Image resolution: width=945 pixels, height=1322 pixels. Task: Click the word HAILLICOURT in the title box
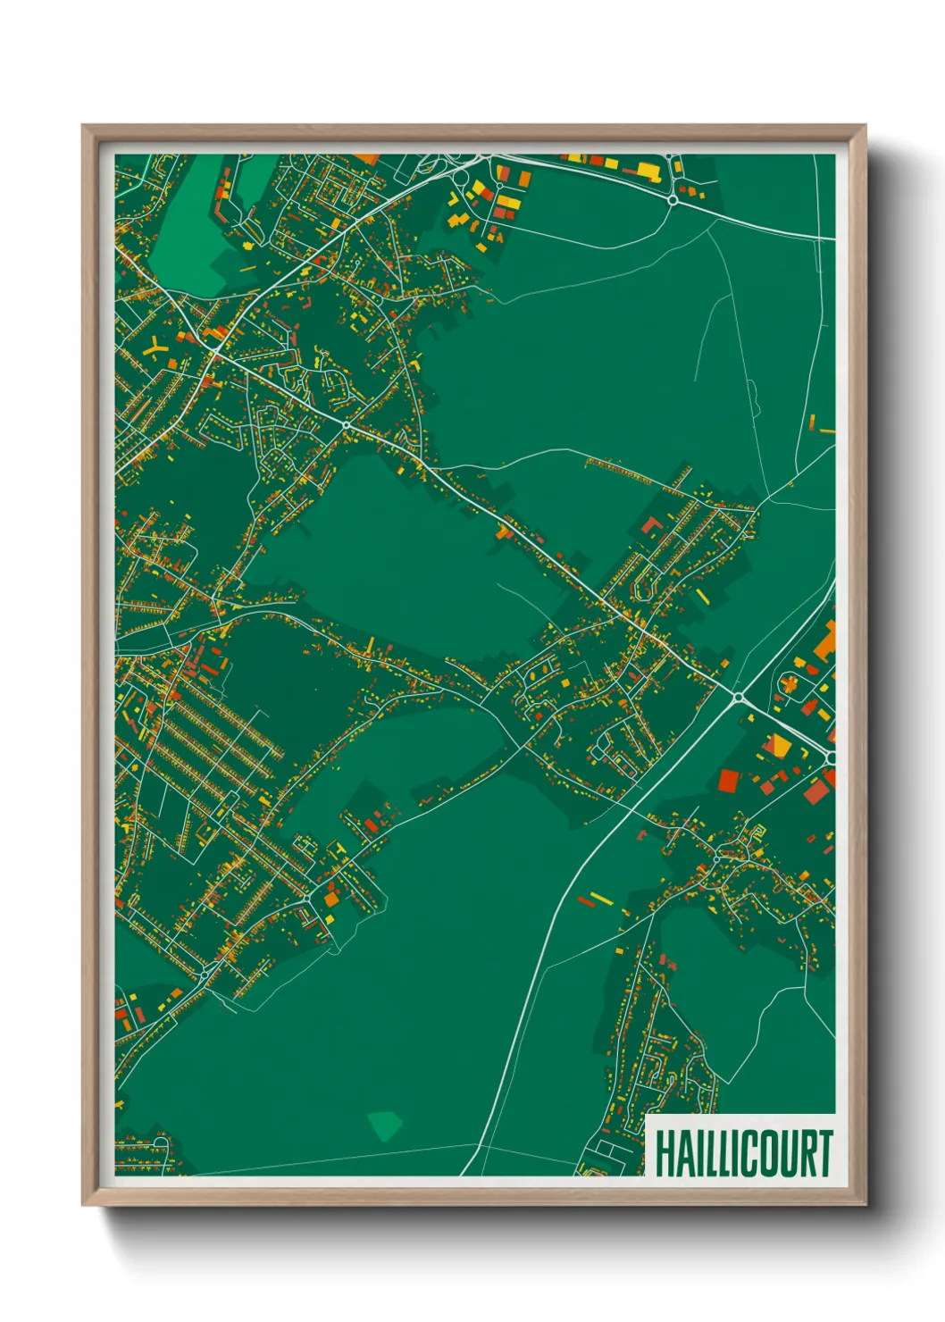tap(743, 1153)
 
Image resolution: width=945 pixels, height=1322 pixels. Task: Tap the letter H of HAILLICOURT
tap(664, 1153)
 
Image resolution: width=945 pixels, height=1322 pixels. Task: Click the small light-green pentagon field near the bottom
tap(385, 1125)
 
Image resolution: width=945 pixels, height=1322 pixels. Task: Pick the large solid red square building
tap(729, 781)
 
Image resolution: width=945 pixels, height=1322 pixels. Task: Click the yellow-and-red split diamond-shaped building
tap(780, 746)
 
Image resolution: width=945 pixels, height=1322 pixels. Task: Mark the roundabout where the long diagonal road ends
tap(738, 697)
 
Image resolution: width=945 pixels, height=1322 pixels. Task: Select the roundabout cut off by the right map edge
tap(831, 757)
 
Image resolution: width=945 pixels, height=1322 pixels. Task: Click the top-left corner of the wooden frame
tap(83, 126)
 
